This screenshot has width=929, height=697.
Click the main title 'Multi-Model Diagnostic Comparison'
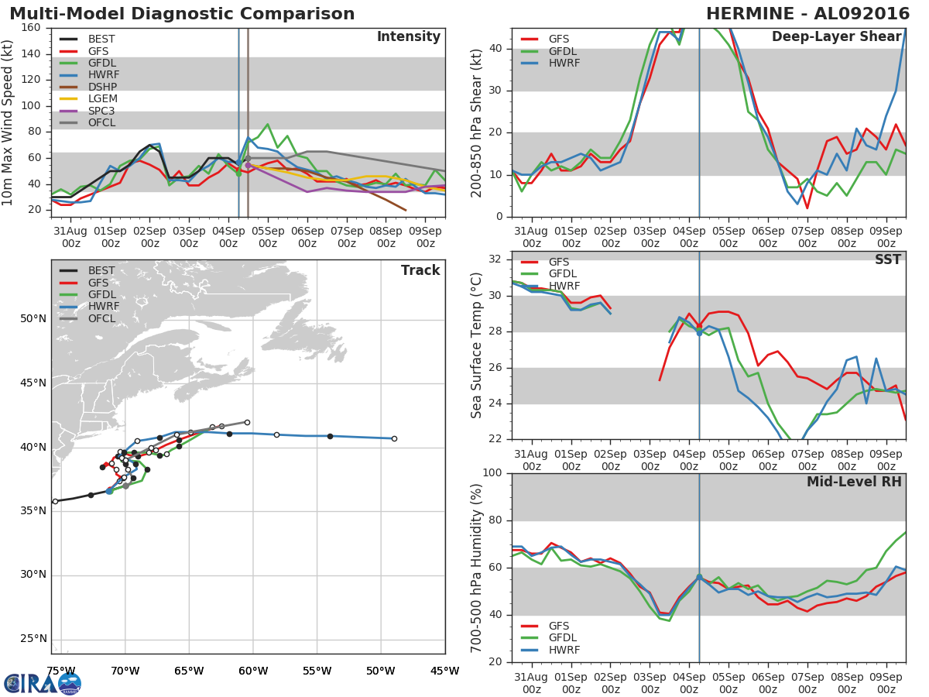[x=182, y=14]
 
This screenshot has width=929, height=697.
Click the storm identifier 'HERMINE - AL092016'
[x=807, y=14]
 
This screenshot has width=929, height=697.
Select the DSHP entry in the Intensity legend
[x=102, y=87]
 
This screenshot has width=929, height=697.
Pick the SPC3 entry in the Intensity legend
[x=102, y=111]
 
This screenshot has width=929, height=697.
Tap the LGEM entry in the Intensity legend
[x=102, y=99]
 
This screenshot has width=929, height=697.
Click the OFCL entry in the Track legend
[x=101, y=318]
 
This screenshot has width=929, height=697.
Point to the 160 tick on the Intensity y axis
[x=32, y=28]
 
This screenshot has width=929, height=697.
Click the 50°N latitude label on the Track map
[x=33, y=319]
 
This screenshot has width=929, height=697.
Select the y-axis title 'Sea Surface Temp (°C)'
[x=477, y=345]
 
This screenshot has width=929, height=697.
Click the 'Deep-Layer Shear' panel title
[x=836, y=37]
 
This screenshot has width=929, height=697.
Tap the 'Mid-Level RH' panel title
[x=854, y=482]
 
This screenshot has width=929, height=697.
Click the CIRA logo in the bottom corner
[x=43, y=683]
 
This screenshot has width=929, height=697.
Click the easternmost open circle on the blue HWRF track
[x=394, y=438]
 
